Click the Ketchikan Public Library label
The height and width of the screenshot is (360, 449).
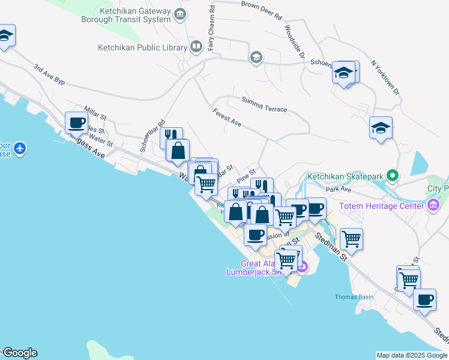(x=142, y=47)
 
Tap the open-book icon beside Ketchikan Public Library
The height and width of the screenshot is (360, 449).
(x=196, y=46)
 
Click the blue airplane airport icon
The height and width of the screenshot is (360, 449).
(x=20, y=148)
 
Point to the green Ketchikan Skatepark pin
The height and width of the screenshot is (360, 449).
(x=393, y=176)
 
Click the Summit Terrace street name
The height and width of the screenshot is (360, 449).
(x=264, y=104)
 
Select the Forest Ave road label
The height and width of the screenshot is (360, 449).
(x=226, y=118)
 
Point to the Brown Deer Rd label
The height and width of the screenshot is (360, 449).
(x=261, y=11)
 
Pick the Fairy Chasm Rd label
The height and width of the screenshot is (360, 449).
(x=211, y=28)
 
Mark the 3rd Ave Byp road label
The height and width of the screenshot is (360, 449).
(x=49, y=76)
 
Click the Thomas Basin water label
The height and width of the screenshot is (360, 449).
(x=350, y=297)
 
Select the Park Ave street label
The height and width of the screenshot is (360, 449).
(x=337, y=189)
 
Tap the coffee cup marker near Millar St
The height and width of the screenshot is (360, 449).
(x=76, y=123)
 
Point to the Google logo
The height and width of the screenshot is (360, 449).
(x=19, y=353)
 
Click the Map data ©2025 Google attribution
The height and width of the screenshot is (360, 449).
(x=412, y=355)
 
